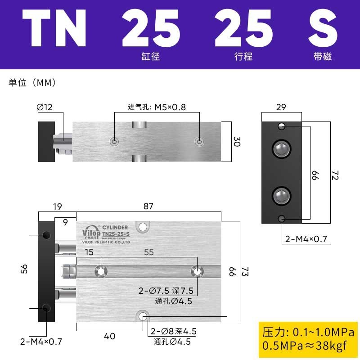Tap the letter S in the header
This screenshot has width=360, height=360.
(x=322, y=28)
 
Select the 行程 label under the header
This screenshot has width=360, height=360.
(x=243, y=57)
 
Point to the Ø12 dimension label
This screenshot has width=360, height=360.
(x=45, y=107)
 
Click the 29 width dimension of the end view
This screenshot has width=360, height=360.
(x=281, y=107)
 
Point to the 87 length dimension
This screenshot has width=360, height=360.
(x=148, y=207)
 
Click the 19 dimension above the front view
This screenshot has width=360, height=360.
(x=57, y=207)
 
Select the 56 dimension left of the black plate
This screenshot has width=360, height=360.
(x=24, y=269)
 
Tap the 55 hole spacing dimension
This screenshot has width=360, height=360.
(x=148, y=252)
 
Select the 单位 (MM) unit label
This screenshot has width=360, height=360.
(x=31, y=83)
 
